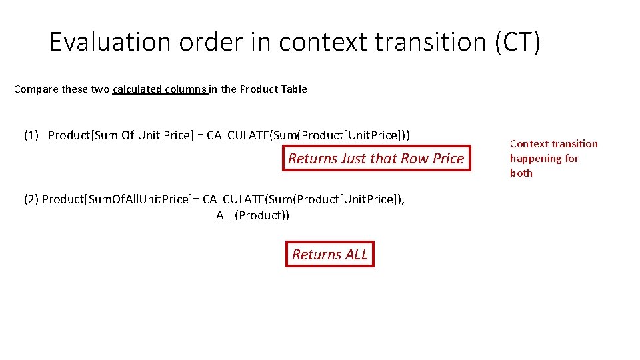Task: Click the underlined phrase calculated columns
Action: pyautogui.click(x=161, y=89)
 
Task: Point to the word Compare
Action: pyautogui.click(x=36, y=89)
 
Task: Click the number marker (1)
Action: pyautogui.click(x=31, y=135)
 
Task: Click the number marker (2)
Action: pyautogui.click(x=31, y=199)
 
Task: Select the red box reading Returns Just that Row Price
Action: pyautogui.click(x=376, y=159)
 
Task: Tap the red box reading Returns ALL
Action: pyautogui.click(x=330, y=254)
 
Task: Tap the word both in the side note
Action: pyautogui.click(x=521, y=173)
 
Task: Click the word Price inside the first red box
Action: pyautogui.click(x=448, y=159)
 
